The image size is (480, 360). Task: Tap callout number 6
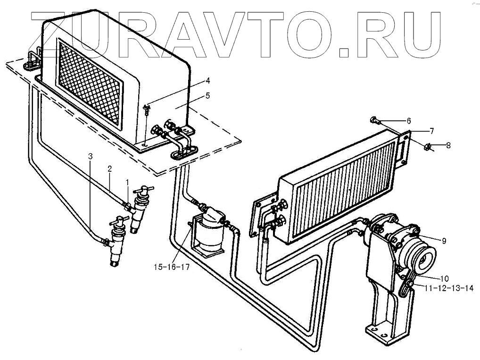tap(409, 120)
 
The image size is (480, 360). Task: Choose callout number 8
tap(448, 145)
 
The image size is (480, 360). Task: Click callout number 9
tap(444, 241)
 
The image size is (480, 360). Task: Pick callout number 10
tap(445, 278)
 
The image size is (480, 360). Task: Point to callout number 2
tap(109, 168)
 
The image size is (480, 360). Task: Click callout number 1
tap(126, 182)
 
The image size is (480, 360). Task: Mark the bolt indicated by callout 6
tap(375, 120)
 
